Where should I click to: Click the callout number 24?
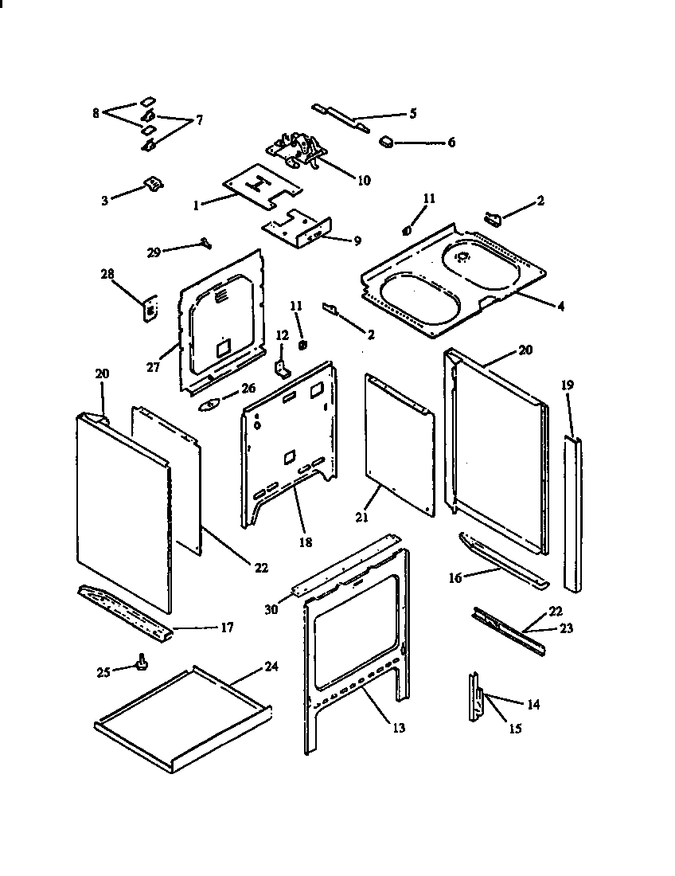pos(271,667)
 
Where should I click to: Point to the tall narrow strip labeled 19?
pos(573,513)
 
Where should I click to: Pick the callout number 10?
pos(363,180)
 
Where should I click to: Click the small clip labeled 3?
pos(151,185)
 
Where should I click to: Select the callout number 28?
pos(107,275)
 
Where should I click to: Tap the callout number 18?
pos(305,542)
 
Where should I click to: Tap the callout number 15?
pos(515,728)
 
